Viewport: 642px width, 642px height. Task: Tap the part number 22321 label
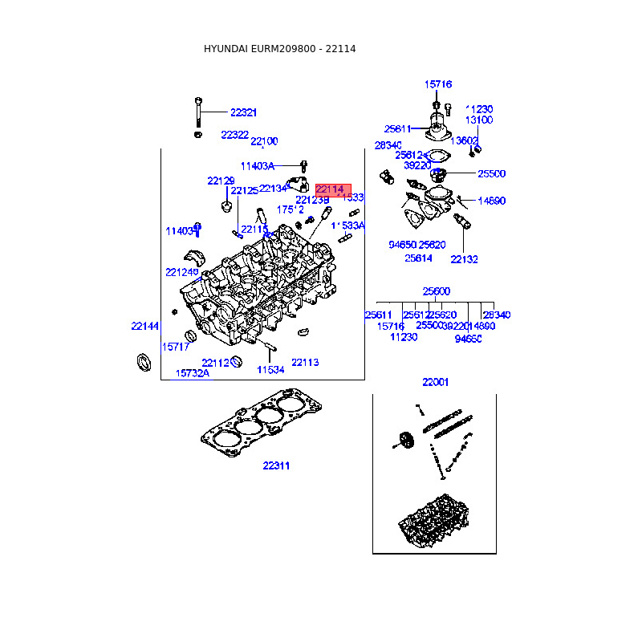(243, 113)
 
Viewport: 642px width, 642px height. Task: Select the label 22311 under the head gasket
(276, 465)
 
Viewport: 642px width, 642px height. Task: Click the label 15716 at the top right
(438, 84)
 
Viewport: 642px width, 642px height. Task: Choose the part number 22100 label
(264, 141)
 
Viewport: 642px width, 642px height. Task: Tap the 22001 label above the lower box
(436, 382)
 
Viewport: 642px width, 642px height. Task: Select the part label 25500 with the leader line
(491, 173)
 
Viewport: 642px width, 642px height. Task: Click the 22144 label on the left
(145, 326)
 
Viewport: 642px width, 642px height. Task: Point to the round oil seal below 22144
(144, 361)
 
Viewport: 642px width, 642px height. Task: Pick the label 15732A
(193, 373)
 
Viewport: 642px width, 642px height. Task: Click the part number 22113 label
(305, 363)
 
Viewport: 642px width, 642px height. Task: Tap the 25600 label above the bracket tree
(437, 291)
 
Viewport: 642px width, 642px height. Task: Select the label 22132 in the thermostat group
(464, 259)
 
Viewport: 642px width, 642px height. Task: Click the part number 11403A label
(258, 166)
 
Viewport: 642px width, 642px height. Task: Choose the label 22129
(221, 181)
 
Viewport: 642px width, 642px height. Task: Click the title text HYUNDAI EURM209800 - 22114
(280, 49)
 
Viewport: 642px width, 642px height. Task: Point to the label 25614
(418, 258)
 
